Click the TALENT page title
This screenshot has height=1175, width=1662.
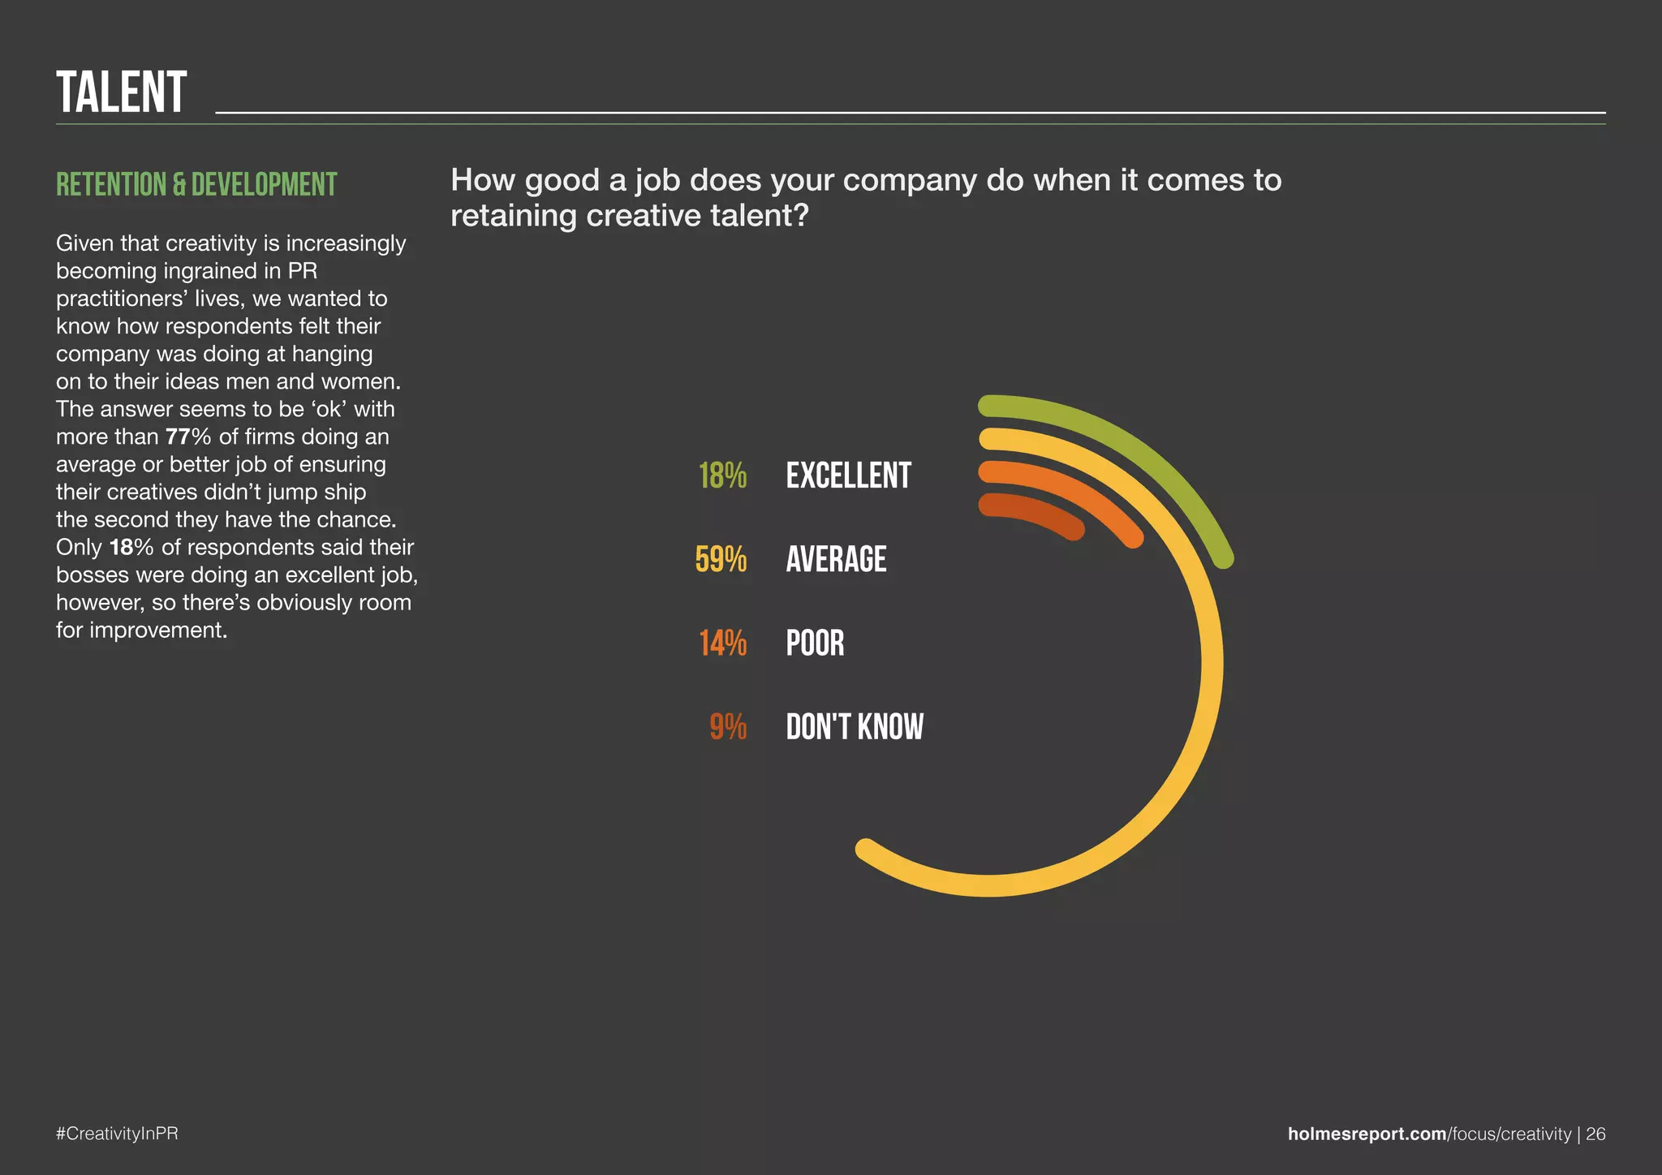(122, 93)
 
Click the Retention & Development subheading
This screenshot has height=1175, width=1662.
(196, 185)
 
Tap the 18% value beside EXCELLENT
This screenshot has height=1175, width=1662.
(722, 476)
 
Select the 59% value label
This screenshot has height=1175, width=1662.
(721, 560)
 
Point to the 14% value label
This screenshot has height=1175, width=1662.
(722, 643)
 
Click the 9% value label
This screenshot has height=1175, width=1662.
(728, 727)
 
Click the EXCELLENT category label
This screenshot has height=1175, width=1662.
(848, 476)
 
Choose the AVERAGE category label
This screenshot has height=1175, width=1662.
(836, 560)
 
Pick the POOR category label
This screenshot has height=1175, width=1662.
(815, 643)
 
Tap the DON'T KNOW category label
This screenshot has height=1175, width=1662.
(855, 727)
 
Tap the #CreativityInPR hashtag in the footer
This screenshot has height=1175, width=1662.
(117, 1134)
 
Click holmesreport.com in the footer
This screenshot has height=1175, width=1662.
(1367, 1134)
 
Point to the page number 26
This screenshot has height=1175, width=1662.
(1595, 1134)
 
